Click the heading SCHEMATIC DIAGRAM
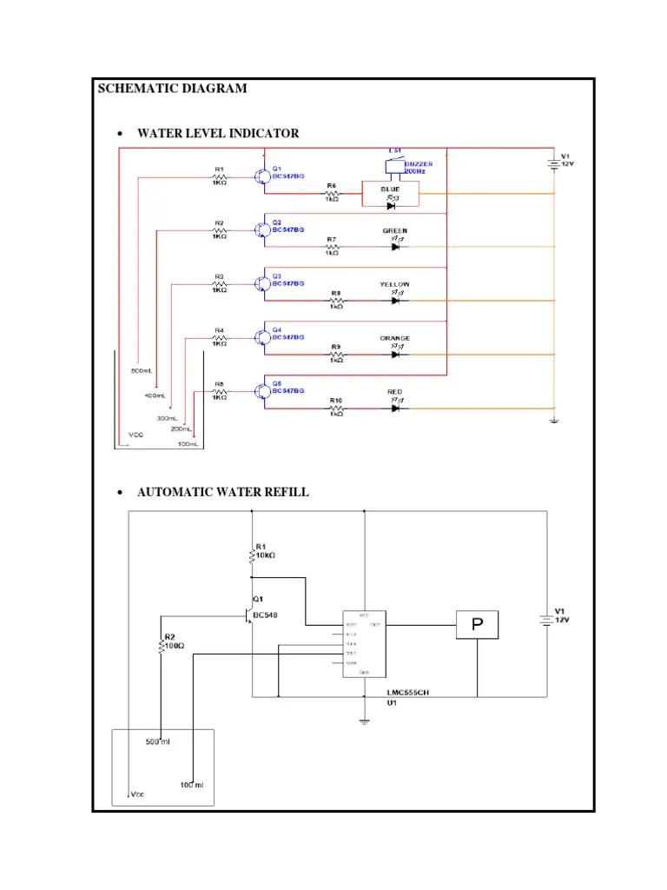tap(172, 89)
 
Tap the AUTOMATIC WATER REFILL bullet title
tap(222, 492)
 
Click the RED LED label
tap(395, 392)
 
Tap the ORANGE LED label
tap(395, 338)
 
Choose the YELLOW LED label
tap(395, 284)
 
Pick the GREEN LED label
tap(395, 231)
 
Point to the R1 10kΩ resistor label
tap(264, 551)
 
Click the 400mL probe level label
tap(155, 395)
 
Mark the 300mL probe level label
tap(168, 418)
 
